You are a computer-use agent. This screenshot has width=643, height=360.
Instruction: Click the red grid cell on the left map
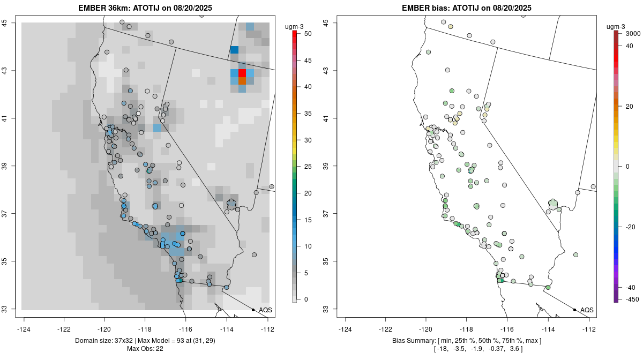(x=242, y=73)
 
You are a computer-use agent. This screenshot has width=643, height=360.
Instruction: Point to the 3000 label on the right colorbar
(x=633, y=34)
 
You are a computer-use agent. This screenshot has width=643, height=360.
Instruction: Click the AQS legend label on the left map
(x=265, y=310)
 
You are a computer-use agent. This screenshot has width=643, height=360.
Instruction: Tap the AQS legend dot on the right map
(x=574, y=310)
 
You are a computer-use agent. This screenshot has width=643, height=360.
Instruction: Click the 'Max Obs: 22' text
(x=145, y=349)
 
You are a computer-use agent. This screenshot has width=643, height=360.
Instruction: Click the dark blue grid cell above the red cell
(x=234, y=50)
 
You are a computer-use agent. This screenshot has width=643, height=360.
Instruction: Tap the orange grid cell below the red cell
(x=242, y=81)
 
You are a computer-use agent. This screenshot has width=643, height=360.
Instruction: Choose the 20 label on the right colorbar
(x=631, y=106)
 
